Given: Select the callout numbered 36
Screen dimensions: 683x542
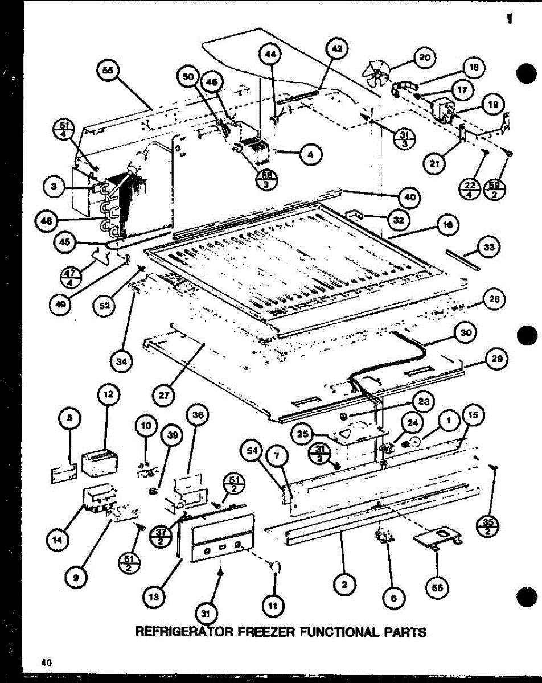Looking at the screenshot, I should [x=198, y=415].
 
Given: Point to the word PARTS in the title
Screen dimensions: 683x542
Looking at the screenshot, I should [x=404, y=631].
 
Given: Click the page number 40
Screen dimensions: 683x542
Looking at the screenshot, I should [x=46, y=662].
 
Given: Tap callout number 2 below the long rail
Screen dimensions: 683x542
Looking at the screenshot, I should [x=345, y=583].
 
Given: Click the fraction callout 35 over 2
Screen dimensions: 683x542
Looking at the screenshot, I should [x=486, y=523].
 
